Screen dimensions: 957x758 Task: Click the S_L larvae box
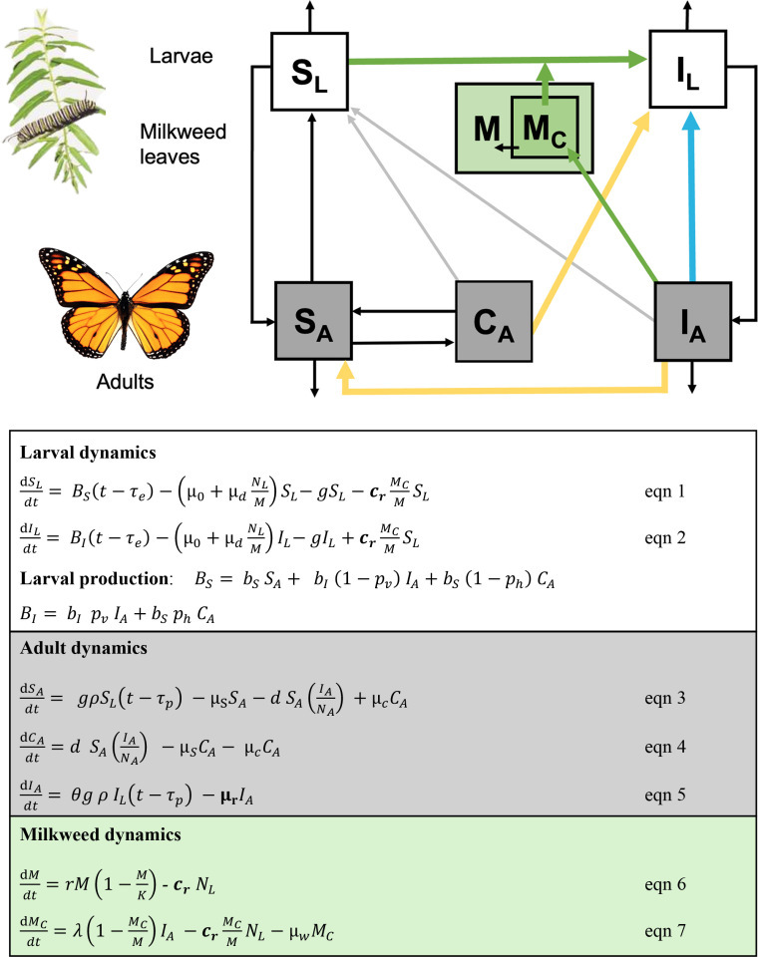tap(311, 69)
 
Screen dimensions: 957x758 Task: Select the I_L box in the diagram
tap(688, 69)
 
